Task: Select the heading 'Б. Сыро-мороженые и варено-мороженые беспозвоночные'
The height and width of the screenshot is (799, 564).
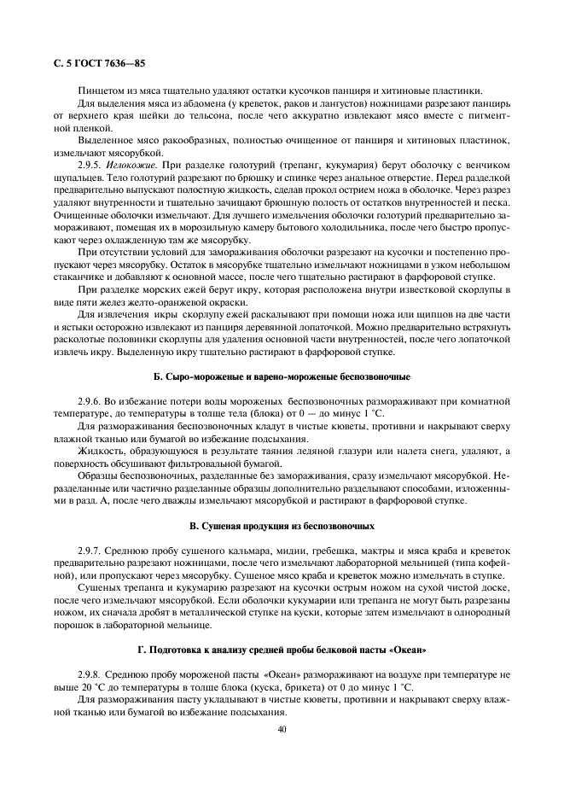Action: tap(281, 376)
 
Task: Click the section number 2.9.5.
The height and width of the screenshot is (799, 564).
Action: tap(91, 162)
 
